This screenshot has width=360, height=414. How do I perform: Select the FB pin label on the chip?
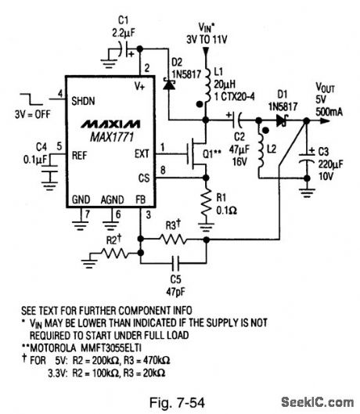tap(141, 201)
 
